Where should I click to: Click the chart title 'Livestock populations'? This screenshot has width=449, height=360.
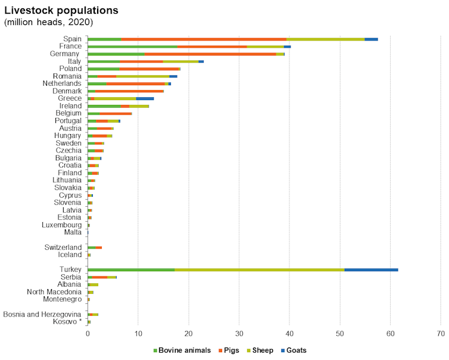(61, 11)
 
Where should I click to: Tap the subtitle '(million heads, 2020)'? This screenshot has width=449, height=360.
(49, 22)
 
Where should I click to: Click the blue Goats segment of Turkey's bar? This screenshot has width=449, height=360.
(371, 269)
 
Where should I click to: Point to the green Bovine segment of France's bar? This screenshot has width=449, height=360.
(132, 46)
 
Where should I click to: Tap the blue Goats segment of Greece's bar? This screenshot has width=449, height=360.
(145, 98)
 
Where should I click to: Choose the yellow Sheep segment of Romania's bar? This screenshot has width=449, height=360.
(143, 76)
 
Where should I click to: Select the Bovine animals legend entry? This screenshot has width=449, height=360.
(182, 350)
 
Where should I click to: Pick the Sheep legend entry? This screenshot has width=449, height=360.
(261, 350)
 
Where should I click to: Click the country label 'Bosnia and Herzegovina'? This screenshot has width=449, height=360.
(42, 314)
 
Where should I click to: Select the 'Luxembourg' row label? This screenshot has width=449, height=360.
(61, 225)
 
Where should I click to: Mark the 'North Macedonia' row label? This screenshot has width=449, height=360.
(54, 291)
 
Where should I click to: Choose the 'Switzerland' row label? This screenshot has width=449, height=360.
(63, 247)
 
